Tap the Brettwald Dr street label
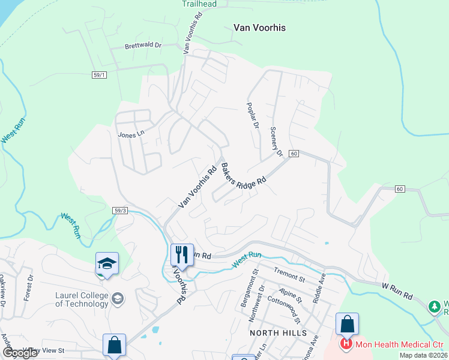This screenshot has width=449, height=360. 143,45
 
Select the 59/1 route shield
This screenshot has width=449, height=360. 100,58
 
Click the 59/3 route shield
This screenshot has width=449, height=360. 120,210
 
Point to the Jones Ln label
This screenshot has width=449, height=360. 131,134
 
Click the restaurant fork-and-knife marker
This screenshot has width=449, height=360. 181,254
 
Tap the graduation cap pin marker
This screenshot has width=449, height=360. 107,263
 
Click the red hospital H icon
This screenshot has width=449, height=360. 346,344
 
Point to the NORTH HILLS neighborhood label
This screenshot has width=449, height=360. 279,332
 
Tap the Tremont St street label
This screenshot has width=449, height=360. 290,275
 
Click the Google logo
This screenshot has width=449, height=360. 20,353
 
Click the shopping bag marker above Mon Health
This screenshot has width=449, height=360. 347,324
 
